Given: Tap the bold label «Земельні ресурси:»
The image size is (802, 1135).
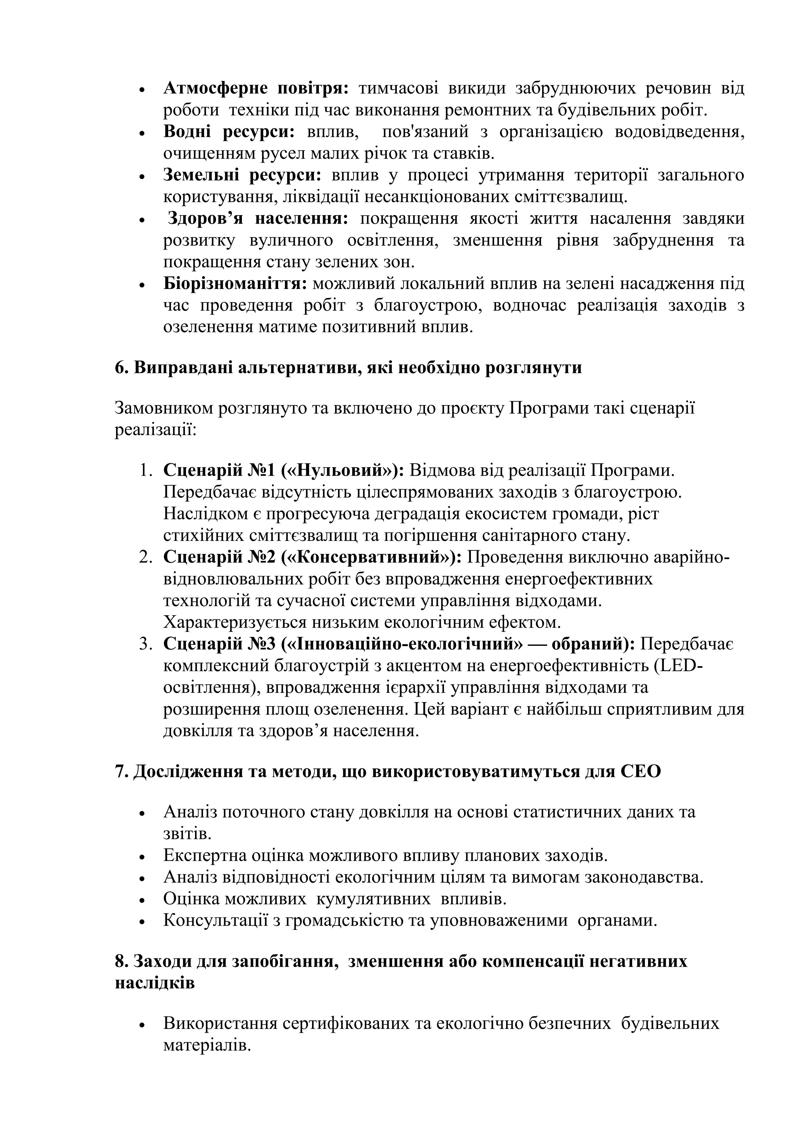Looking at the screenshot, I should coord(243,175).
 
